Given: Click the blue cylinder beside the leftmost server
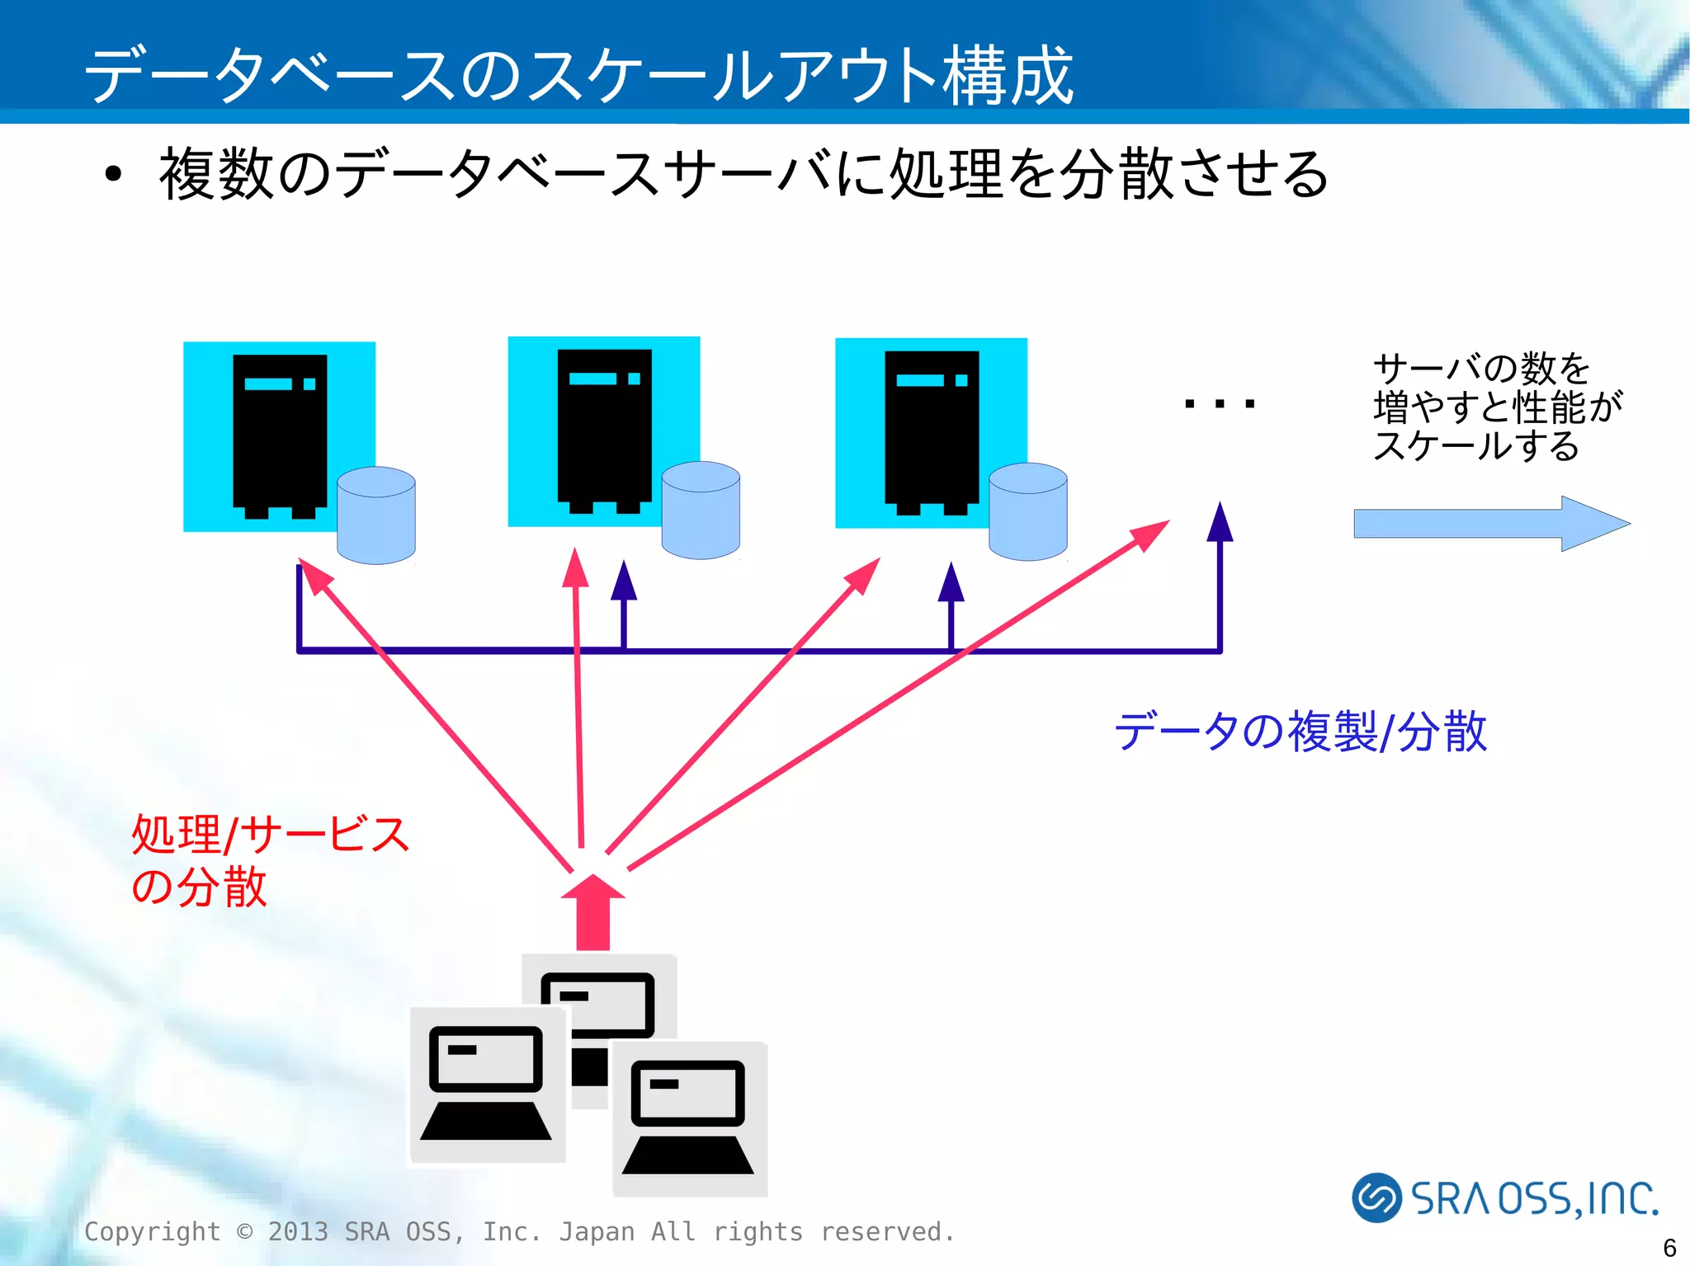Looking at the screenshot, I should (376, 516).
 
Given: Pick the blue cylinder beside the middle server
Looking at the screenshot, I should (701, 511).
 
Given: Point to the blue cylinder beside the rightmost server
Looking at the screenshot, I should (1027, 512).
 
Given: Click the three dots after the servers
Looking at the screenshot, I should (1219, 404).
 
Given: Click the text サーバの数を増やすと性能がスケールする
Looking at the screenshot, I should (1495, 407).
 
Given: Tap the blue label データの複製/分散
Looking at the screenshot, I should (1301, 732).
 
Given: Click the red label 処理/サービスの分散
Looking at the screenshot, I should (269, 859).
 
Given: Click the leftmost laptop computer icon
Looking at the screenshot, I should (487, 1085).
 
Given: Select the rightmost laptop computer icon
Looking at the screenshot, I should (689, 1118).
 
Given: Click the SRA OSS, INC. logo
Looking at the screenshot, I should (1504, 1198).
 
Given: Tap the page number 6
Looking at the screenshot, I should (1669, 1247).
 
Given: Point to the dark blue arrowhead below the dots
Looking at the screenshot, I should (1220, 524).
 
